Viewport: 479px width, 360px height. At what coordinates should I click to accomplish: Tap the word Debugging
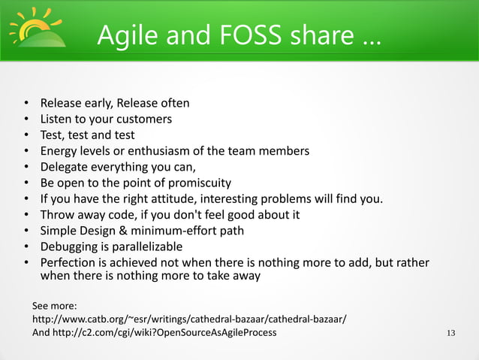pos(70,247)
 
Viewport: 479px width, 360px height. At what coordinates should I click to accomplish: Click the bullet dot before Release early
pos(26,104)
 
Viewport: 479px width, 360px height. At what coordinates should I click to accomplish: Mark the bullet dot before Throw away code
pos(26,215)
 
